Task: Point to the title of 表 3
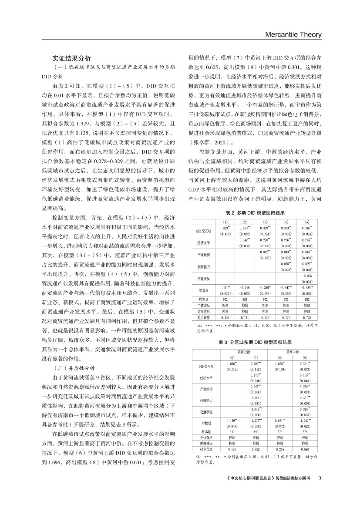tap(255, 343)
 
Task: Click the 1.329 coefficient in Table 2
tap(225, 228)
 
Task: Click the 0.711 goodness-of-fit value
tap(245, 317)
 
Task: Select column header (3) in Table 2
tap(266, 222)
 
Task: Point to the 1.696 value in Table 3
tap(232, 363)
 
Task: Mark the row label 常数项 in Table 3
tap(204, 423)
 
